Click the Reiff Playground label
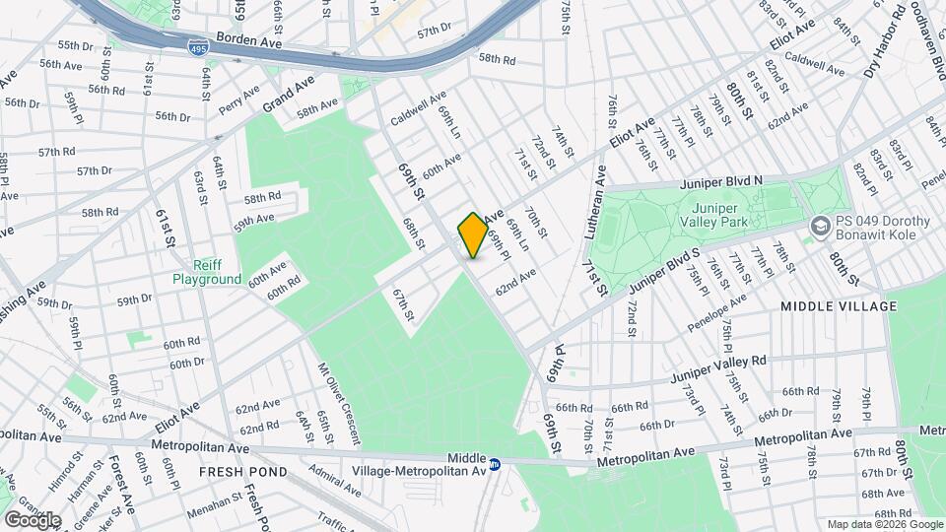pos(207,273)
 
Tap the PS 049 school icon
pos(819,228)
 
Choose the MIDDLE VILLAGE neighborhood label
pos(839,306)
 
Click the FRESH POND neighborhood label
pos(243,472)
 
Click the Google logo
pos(33,519)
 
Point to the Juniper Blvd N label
pos(720,183)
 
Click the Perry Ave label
pos(239,100)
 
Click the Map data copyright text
pos(883,524)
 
